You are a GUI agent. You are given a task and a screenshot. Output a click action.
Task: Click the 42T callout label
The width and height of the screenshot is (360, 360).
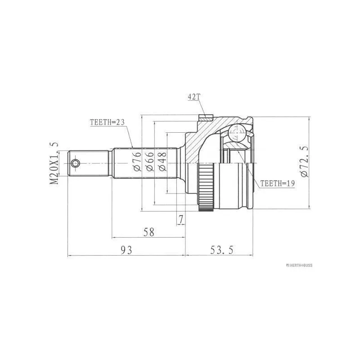[192, 96]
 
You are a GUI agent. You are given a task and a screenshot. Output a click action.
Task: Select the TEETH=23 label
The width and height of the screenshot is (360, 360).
[107, 122]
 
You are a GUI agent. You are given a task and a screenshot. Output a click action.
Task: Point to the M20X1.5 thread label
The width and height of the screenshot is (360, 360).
[54, 162]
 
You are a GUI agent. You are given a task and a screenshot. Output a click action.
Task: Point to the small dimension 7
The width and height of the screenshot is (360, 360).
[180, 220]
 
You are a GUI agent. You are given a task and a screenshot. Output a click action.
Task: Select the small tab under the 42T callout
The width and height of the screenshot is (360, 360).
[205, 118]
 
